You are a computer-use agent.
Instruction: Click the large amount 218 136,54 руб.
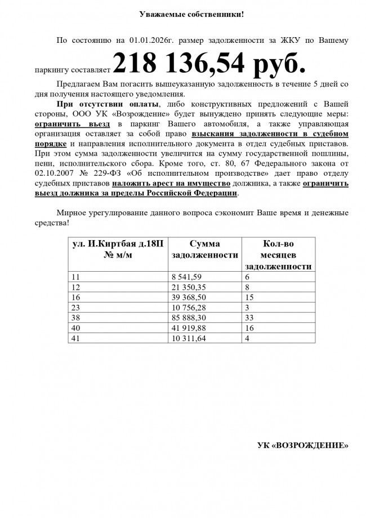tap(208, 64)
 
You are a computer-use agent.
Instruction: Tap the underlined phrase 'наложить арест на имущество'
tap(170, 184)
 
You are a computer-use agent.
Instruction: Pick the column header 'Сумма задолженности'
tap(204, 249)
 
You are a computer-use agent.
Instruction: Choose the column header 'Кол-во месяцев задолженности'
tap(278, 255)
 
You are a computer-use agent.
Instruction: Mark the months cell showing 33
tap(249, 318)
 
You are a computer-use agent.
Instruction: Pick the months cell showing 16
tap(249, 328)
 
